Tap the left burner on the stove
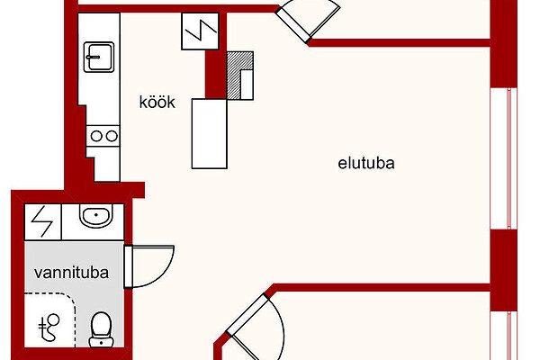point(94,136)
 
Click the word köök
point(157,103)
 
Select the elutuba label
point(367,164)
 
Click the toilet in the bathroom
point(101,329)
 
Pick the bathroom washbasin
point(94,217)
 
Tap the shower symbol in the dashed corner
point(52,327)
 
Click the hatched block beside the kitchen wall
point(238,76)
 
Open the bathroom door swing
point(149,265)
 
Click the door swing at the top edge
point(310,18)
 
